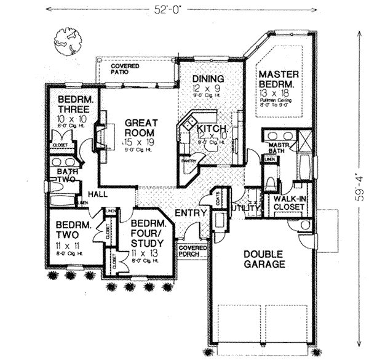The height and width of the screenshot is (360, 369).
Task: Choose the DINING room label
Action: pyautogui.click(x=207, y=79)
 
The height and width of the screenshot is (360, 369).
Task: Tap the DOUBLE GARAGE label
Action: pyautogui.click(x=263, y=259)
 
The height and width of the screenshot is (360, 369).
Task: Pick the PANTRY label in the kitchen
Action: pyautogui.click(x=188, y=161)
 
